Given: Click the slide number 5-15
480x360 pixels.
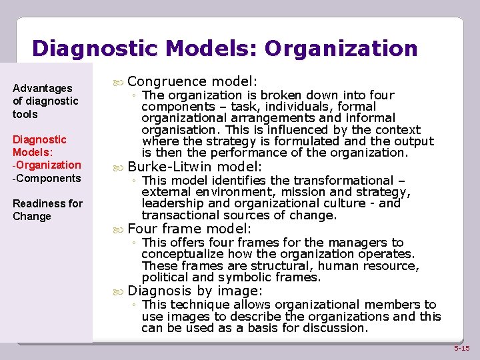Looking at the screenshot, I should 461,348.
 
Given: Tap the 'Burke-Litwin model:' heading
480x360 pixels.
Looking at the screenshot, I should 195,167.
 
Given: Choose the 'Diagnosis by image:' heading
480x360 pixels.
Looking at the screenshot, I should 195,291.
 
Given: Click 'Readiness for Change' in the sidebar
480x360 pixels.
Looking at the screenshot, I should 47,210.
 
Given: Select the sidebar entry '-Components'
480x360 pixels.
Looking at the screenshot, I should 47,178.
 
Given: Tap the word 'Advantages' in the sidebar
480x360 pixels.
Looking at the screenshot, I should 43,88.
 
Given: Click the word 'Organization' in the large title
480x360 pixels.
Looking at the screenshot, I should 341,49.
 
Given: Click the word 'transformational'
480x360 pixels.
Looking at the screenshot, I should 355,181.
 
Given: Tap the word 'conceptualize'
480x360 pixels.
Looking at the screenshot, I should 181,254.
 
